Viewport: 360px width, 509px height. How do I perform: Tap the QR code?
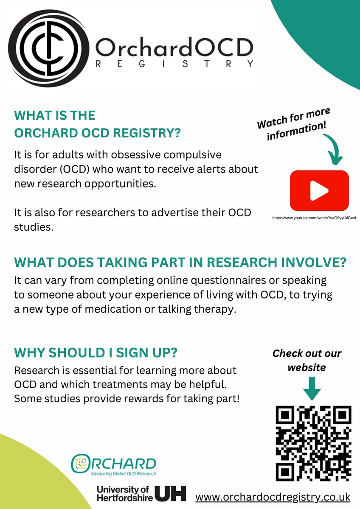coord(314,442)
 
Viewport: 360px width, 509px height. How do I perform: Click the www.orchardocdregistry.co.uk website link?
coord(273,496)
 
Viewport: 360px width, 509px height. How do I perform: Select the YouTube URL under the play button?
coord(314,218)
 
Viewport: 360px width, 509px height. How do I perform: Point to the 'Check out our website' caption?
coord(307,360)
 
